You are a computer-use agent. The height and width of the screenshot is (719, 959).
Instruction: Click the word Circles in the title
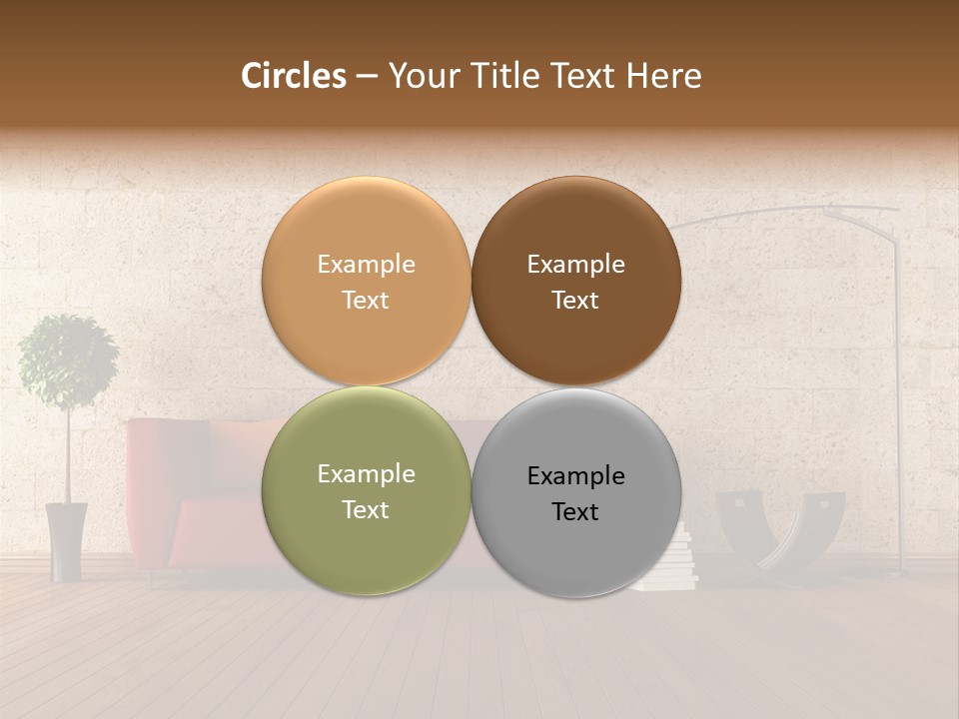coord(294,76)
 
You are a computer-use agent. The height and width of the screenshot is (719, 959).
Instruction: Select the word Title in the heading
coord(503,76)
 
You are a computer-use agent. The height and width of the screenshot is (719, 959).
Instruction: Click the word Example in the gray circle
coord(575,475)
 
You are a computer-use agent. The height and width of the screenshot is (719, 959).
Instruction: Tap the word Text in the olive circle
coord(366,509)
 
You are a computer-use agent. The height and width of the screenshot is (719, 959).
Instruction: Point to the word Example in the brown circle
coord(575,265)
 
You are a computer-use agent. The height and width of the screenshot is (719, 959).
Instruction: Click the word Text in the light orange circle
coord(366,300)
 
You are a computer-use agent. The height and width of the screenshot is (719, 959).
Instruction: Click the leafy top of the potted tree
coord(68,360)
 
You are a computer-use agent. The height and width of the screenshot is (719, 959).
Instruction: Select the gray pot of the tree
coord(67,541)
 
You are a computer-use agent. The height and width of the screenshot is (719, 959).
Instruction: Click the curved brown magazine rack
coord(779,529)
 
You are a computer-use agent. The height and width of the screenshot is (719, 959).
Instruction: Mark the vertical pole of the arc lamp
coord(898,399)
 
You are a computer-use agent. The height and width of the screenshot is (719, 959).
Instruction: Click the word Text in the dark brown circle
coord(575,300)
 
